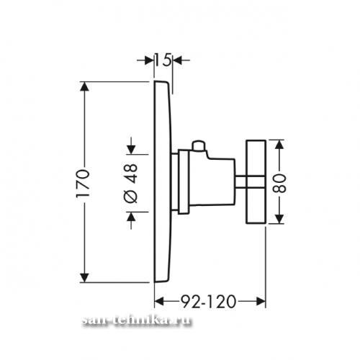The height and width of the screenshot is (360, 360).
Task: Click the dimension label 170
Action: (x=83, y=183)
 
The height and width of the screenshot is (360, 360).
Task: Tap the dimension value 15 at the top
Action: (x=163, y=60)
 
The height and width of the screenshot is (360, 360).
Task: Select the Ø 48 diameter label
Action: (x=131, y=184)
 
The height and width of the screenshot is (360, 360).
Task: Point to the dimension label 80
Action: (x=279, y=184)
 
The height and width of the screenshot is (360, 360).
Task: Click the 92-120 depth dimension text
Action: (x=208, y=302)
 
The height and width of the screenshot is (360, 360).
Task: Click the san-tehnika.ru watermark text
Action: (x=137, y=320)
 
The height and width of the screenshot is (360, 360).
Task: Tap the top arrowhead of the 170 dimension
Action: (x=84, y=86)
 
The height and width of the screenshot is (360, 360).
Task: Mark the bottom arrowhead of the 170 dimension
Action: (x=84, y=278)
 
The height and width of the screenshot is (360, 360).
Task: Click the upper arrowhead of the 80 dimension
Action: (x=279, y=145)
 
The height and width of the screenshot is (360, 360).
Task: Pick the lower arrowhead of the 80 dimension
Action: (x=279, y=219)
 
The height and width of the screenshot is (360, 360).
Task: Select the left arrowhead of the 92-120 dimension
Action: (x=159, y=302)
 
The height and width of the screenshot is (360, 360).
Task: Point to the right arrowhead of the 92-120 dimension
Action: (x=261, y=302)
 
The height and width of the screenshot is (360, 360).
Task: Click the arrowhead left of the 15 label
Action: (x=149, y=60)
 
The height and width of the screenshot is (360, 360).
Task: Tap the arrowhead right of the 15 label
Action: (x=178, y=60)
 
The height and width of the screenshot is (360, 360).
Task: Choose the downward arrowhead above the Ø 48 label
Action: (x=131, y=150)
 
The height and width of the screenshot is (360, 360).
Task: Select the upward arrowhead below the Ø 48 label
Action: (x=131, y=217)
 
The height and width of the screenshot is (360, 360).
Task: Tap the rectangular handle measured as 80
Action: (x=256, y=182)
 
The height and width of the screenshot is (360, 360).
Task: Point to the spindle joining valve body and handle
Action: (x=240, y=182)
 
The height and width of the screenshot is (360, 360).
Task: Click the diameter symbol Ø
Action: (x=131, y=197)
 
